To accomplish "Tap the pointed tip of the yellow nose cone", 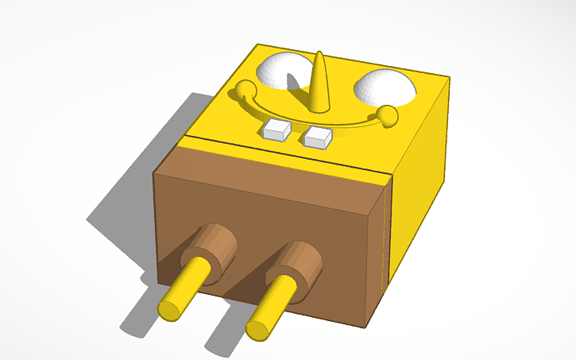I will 319,55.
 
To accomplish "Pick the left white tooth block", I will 276,130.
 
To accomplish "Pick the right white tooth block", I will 318,137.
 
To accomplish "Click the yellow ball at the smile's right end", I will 388,117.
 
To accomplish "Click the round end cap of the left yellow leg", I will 171,308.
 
